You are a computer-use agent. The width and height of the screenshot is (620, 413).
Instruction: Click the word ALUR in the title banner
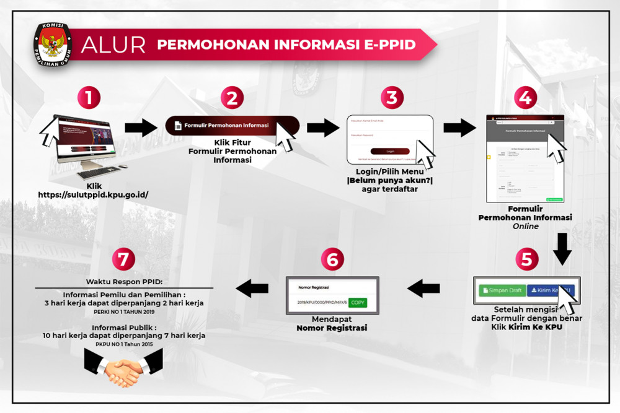click(x=113, y=45)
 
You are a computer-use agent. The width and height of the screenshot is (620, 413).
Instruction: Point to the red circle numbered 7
click(x=123, y=259)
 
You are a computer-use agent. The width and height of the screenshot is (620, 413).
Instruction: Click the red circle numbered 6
click(x=332, y=259)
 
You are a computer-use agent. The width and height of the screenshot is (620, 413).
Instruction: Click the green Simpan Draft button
click(x=502, y=290)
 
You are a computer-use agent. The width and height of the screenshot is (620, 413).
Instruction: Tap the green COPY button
click(x=357, y=302)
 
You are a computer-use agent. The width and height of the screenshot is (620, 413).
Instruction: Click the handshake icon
click(x=123, y=368)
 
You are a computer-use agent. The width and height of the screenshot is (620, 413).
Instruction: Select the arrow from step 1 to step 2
click(x=141, y=128)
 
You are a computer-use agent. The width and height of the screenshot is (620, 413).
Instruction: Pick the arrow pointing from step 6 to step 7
click(x=252, y=287)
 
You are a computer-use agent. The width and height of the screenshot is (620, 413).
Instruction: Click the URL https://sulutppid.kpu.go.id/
click(x=93, y=194)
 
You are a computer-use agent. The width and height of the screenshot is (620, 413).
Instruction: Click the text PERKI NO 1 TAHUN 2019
click(x=124, y=311)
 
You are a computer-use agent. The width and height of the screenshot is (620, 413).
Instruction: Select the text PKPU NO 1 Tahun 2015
click(x=124, y=344)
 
